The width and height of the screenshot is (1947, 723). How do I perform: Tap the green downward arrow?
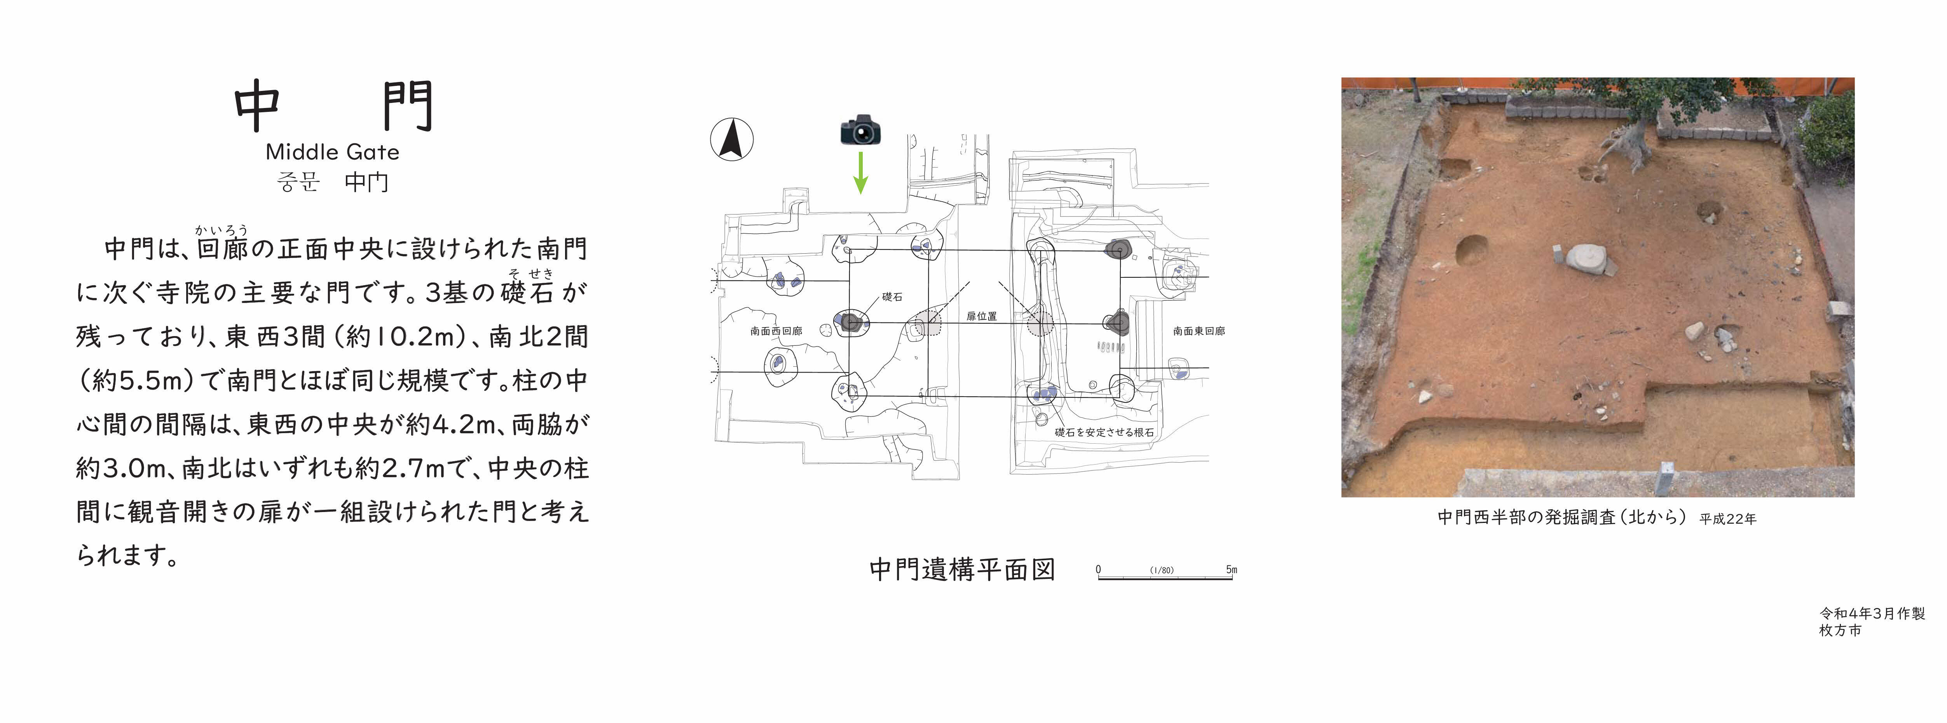(860, 173)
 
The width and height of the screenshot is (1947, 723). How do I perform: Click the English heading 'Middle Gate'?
(333, 152)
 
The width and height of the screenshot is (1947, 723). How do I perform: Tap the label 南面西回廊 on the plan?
(776, 331)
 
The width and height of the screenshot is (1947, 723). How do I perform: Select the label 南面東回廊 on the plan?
(1199, 331)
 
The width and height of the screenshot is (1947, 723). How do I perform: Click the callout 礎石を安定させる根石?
(1104, 432)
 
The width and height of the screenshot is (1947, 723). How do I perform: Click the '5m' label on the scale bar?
(1231, 570)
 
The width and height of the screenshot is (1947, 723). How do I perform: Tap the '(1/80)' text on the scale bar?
(1162, 570)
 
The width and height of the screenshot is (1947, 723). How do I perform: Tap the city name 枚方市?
(1841, 630)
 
